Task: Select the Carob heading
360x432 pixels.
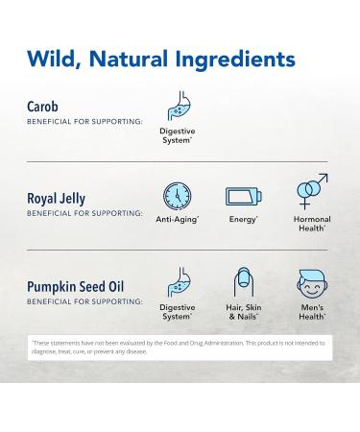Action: (45, 107)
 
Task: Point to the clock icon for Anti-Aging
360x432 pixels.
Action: (177, 197)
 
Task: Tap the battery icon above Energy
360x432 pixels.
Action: (243, 197)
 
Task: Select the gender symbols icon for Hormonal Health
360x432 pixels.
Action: (311, 192)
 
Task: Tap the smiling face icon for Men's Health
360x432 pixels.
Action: (311, 285)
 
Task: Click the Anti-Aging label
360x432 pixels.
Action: (177, 220)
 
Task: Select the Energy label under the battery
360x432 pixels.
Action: (243, 220)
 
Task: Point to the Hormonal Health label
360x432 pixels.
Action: (311, 224)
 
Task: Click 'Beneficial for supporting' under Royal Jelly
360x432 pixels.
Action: (84, 213)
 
